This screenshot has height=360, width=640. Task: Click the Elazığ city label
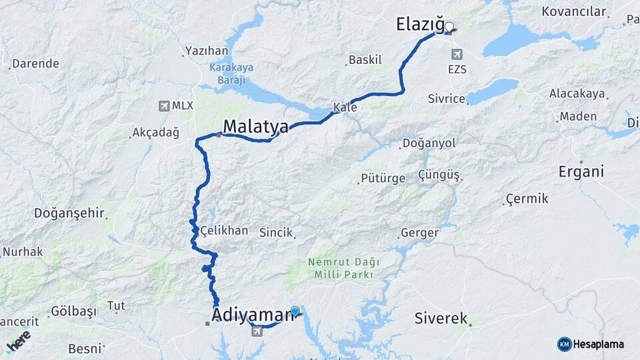point(419,25)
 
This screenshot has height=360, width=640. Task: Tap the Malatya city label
point(255,127)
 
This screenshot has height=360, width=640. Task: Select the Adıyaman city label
point(253,314)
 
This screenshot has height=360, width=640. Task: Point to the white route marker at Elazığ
point(449,27)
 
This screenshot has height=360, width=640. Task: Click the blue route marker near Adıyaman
point(295,311)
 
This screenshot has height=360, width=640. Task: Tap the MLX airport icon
point(164,105)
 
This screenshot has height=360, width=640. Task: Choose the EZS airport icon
point(457,54)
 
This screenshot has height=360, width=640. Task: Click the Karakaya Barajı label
point(227,73)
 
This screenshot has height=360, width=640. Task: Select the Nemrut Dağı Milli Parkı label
point(340,268)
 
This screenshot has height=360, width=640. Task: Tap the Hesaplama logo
point(591,344)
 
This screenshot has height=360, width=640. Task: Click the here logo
point(18,341)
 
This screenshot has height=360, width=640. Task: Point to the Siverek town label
point(441,318)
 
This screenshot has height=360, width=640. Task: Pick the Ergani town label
point(581,172)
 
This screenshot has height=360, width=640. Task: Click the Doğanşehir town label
point(69,214)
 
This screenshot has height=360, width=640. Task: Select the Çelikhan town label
point(225,231)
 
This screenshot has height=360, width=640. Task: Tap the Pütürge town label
point(383,178)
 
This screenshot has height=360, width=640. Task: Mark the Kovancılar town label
point(574,11)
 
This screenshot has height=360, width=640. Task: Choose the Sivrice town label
point(446,99)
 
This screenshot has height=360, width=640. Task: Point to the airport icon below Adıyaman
point(257,331)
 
